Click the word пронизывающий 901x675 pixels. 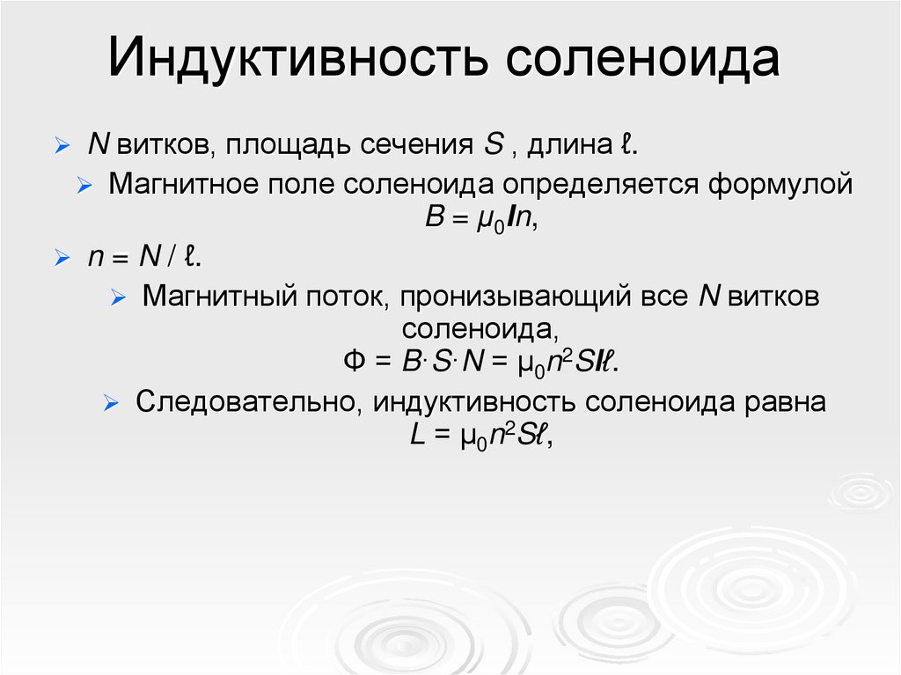click(x=514, y=297)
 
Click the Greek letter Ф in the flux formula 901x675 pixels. click(x=353, y=363)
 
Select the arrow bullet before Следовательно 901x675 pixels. click(x=109, y=403)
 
